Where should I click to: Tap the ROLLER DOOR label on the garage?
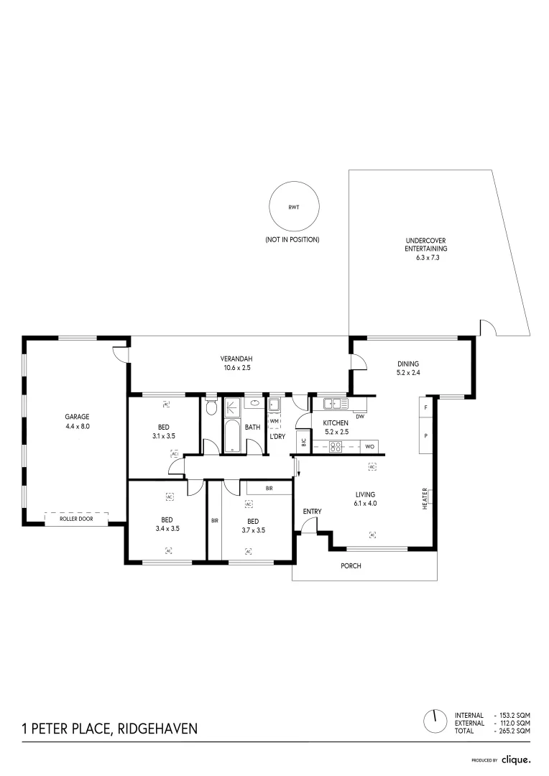[76, 519]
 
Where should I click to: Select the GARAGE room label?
[77, 417]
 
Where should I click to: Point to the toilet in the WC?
[211, 407]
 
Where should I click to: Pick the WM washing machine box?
[274, 420]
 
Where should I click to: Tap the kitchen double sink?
[336, 403]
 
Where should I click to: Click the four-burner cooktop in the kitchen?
[336, 446]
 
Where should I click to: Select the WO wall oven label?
[369, 446]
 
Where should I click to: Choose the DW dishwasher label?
[360, 417]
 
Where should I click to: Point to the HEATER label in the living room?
[425, 499]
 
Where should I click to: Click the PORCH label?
[351, 565]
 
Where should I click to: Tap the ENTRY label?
[313, 512]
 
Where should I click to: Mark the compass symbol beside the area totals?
[435, 721]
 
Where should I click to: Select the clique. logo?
[517, 759]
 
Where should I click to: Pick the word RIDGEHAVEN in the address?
[158, 729]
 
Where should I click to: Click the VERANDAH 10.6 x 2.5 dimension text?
[237, 368]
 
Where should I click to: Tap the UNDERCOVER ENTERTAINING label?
[425, 244]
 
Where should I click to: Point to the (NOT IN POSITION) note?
[292, 239]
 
